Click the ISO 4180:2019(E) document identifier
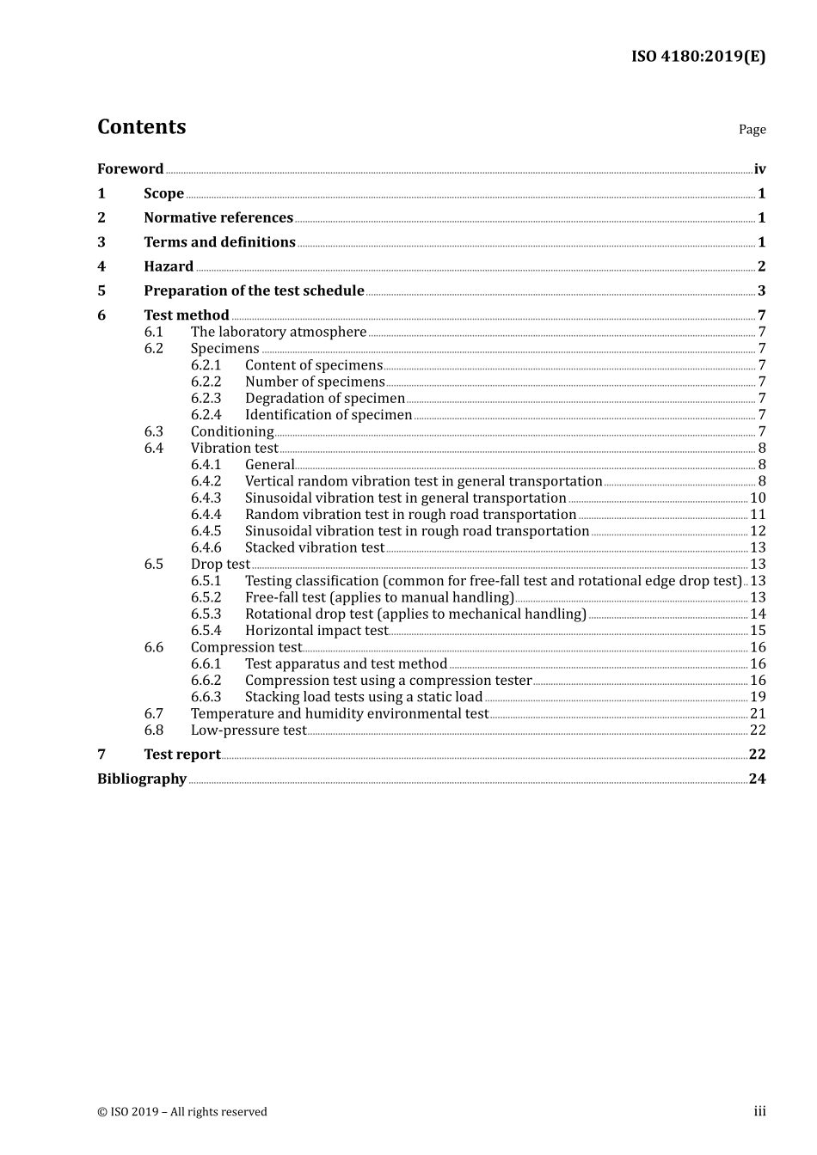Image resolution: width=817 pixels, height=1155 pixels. (x=697, y=57)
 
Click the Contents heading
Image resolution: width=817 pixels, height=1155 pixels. (x=141, y=127)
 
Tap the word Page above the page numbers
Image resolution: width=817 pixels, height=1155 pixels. (x=752, y=130)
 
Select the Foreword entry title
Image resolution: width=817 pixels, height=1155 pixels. (x=130, y=169)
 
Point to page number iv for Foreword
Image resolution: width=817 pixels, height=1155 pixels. (x=759, y=169)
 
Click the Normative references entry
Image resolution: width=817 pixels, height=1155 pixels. (x=218, y=218)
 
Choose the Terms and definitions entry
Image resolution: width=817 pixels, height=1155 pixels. (x=219, y=242)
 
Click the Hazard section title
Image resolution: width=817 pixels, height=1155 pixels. (x=169, y=266)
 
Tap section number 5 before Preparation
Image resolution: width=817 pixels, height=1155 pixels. (x=101, y=290)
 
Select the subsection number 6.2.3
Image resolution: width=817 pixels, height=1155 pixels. (x=206, y=399)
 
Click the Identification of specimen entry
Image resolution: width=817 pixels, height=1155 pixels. (x=329, y=415)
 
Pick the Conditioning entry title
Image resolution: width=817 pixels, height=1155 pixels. (x=232, y=431)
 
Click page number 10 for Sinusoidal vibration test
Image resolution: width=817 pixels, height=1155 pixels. (x=758, y=498)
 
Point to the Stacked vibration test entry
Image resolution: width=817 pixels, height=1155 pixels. (x=315, y=548)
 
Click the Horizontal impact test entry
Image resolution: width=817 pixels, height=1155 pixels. (x=316, y=631)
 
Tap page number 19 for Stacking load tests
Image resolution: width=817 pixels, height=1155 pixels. (x=758, y=697)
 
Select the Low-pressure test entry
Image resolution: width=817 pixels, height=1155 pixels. (x=249, y=730)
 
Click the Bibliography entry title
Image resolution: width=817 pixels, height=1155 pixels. (x=142, y=779)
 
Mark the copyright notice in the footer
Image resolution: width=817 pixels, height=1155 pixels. (x=182, y=1112)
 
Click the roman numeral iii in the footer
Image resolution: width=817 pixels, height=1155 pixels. (x=759, y=1112)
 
